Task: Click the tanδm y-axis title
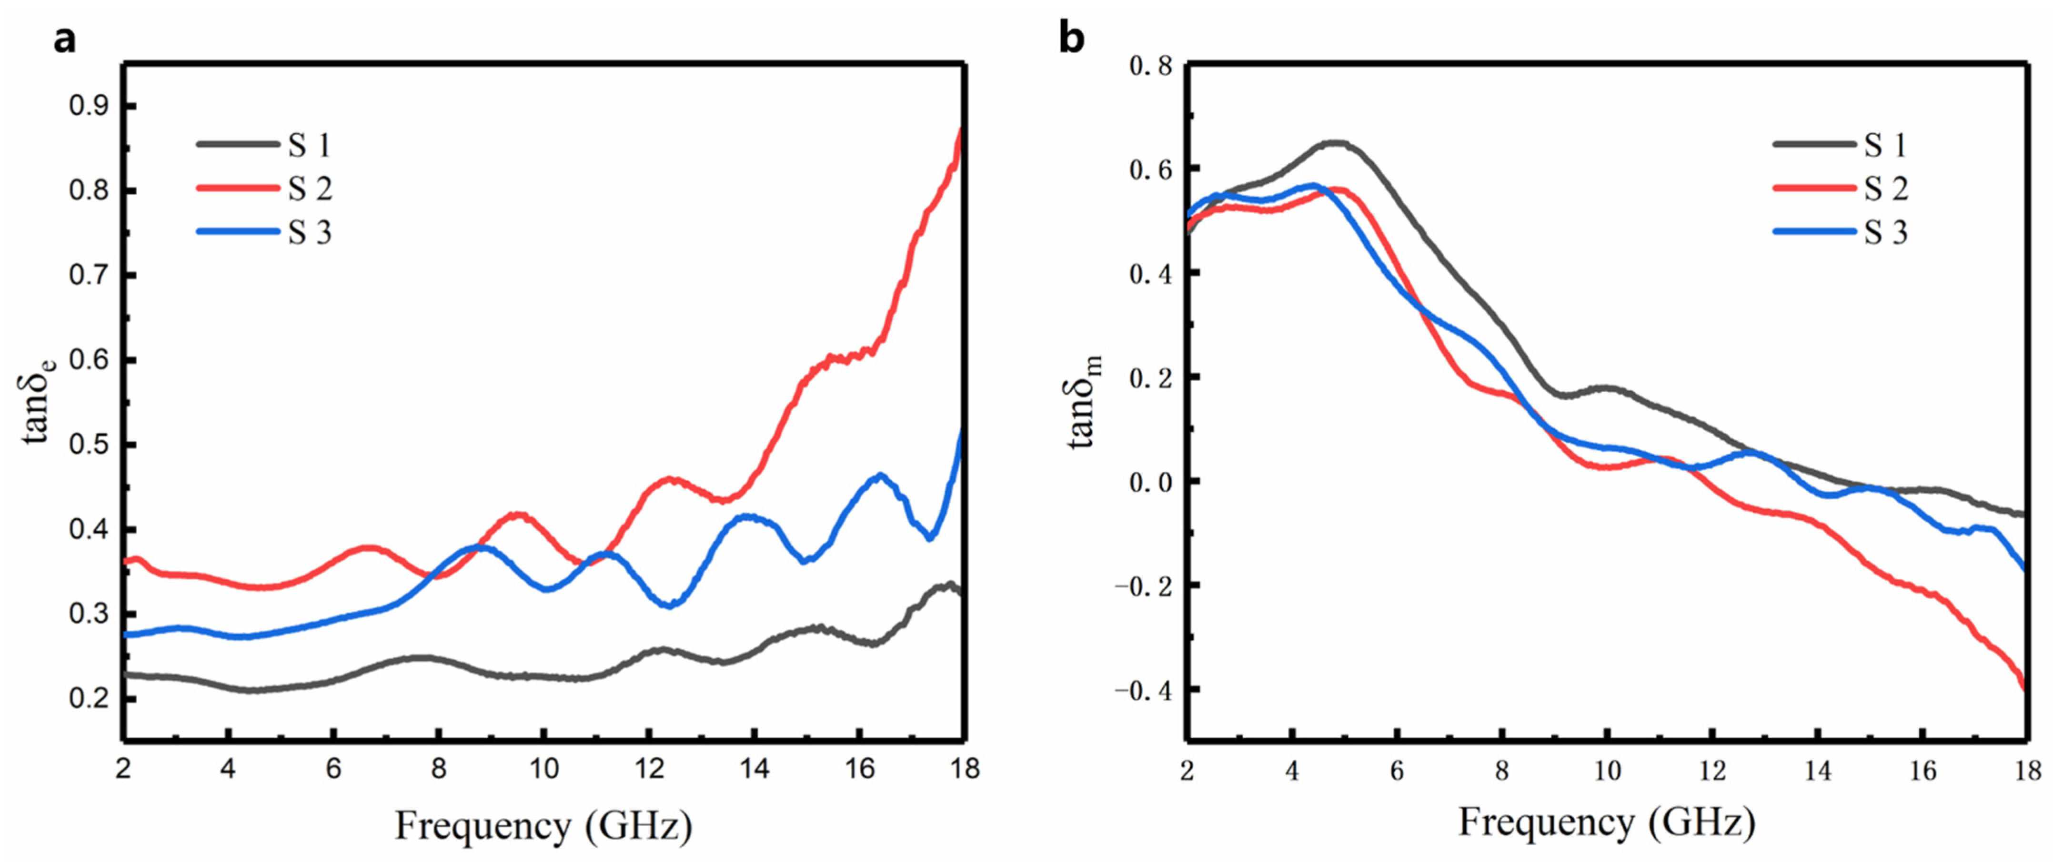[x=1086, y=402]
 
